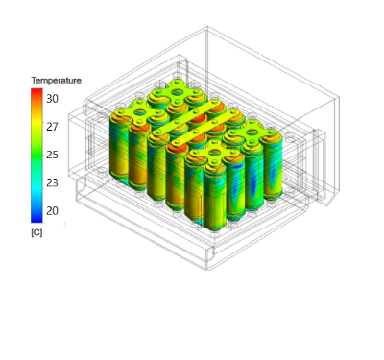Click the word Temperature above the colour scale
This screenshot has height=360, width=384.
click(x=56, y=80)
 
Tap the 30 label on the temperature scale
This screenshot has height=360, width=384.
click(x=52, y=99)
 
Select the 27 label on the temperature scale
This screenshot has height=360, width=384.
click(x=52, y=127)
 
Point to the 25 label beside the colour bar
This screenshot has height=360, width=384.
click(x=52, y=155)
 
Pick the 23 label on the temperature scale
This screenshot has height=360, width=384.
click(x=52, y=183)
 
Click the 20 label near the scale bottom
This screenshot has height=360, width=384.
click(x=52, y=211)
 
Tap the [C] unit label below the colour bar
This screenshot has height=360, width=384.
click(x=36, y=232)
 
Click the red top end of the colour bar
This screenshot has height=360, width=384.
click(x=36, y=91)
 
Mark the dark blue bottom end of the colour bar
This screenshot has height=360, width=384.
click(x=36, y=220)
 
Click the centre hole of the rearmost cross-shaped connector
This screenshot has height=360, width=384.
click(x=177, y=92)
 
